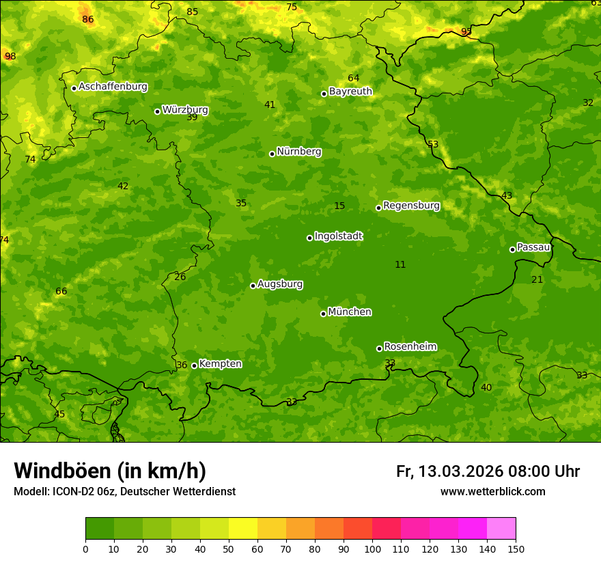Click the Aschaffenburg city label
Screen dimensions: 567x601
coord(113,87)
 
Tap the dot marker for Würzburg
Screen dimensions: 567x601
coord(157,111)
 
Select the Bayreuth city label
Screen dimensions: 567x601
coord(350,92)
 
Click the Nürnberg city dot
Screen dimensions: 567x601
coord(272,154)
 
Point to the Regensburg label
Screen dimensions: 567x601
coord(411,206)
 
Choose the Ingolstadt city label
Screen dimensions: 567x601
coord(338,236)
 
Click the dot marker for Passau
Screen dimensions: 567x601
coord(512,249)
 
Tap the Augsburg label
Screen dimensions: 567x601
coord(280,284)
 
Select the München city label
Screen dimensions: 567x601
coord(350,312)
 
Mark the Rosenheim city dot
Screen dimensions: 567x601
coord(379,348)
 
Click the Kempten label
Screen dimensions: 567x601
coord(220,364)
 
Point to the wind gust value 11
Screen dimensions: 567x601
coord(400,264)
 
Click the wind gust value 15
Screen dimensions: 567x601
coord(339,206)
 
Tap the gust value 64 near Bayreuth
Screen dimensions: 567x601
coord(353,78)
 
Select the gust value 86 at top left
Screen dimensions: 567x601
coord(87,19)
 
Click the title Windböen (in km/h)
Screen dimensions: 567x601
coord(110,471)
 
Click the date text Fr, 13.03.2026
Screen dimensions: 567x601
coord(449,471)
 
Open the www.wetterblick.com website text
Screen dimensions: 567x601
coord(492,491)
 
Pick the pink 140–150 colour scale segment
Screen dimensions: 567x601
coord(501,529)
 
